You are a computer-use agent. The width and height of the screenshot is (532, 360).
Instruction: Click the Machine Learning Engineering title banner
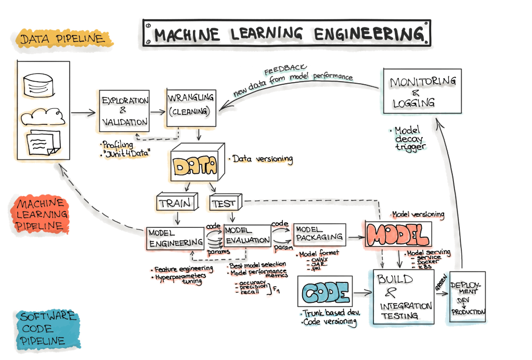tap(287, 34)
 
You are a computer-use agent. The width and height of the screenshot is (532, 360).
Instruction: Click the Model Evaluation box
tap(247, 236)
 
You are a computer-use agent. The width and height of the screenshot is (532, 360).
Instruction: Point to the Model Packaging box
tap(319, 236)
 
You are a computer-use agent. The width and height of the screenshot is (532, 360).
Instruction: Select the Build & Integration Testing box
tap(403, 297)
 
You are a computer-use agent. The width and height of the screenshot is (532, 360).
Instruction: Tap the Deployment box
tap(468, 297)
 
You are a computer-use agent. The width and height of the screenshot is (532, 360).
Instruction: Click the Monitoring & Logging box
tap(422, 91)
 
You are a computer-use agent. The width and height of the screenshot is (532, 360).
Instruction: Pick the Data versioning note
tap(263, 159)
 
